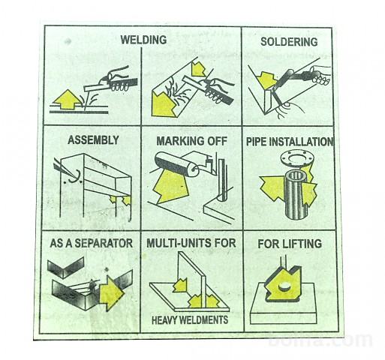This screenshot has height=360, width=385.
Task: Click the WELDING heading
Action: click(143, 40)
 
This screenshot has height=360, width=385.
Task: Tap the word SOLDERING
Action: click(289, 42)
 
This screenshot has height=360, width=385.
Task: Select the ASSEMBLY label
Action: click(93, 139)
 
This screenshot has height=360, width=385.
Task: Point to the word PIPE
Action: click(257, 142)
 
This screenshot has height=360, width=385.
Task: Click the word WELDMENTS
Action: click(204, 319)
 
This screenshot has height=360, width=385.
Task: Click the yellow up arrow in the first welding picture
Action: click(68, 100)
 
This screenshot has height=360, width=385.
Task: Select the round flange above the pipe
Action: click(296, 159)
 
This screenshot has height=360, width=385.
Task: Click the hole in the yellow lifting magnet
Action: click(284, 286)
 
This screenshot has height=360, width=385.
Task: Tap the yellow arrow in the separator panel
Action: click(112, 293)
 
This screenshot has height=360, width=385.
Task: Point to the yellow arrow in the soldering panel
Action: click(267, 79)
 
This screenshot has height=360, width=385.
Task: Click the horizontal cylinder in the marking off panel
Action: click(176, 164)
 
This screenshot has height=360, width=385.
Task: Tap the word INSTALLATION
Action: click(302, 142)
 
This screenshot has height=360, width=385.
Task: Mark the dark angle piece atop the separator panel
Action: click(65, 268)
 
